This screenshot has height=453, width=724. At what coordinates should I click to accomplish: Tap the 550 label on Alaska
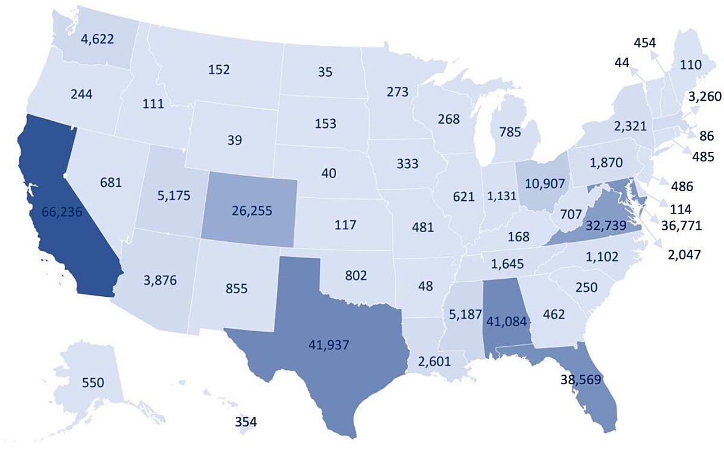coord(94,382)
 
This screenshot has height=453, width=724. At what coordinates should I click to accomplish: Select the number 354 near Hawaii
coord(246,422)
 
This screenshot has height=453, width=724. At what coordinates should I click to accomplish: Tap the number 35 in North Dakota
coord(325,72)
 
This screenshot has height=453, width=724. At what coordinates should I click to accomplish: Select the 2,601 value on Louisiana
coord(434,362)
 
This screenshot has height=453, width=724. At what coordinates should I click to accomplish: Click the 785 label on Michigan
coord(510,131)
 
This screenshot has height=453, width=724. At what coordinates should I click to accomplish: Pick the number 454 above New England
coord(645,42)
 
